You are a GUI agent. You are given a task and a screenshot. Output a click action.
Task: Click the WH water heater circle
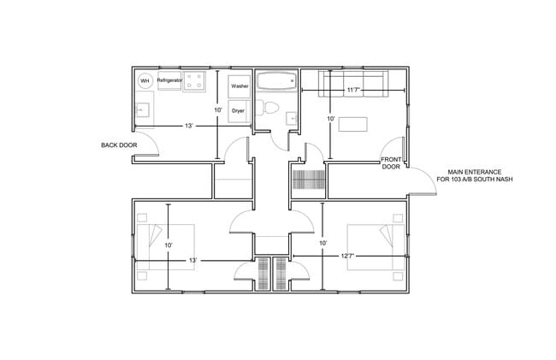pos(145,80)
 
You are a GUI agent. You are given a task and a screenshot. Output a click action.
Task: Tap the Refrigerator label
pos(169,80)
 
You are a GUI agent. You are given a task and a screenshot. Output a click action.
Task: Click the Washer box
pos(240,86)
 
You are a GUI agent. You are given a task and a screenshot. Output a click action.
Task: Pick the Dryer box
pos(239,111)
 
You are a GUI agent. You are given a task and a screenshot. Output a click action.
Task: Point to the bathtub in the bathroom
pos(275,83)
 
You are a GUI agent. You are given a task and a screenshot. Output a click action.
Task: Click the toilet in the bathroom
pos(272,108)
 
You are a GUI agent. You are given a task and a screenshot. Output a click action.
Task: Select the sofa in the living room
pos(353,83)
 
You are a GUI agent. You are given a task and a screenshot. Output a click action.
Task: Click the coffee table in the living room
pos(353,124)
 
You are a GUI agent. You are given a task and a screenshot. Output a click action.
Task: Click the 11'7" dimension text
pos(353,89)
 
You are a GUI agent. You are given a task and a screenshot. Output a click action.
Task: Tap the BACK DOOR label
pos(119,145)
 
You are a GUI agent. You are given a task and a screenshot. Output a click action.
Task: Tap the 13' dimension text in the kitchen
pos(187,126)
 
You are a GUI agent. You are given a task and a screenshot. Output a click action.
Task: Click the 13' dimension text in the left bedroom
pos(193,259)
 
